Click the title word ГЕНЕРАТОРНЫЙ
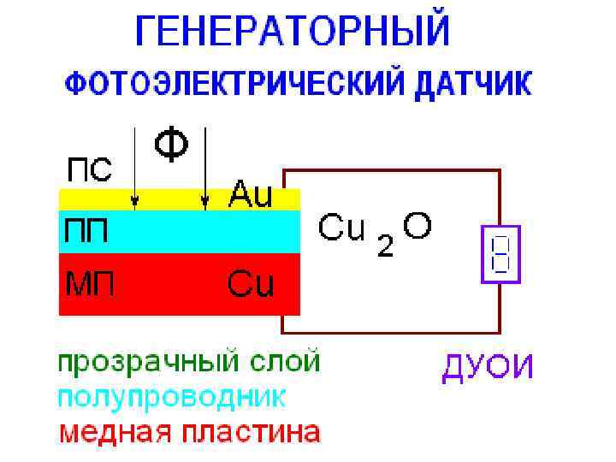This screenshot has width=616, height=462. pyautogui.click(x=292, y=33)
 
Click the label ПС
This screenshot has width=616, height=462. pyautogui.click(x=88, y=169)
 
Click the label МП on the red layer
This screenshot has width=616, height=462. pyautogui.click(x=86, y=281)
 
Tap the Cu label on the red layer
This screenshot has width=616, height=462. pyautogui.click(x=251, y=283)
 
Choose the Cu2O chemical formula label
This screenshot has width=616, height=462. pyautogui.click(x=375, y=230)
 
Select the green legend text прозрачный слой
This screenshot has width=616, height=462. pyautogui.click(x=189, y=361)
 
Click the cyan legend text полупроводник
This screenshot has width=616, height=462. pyautogui.click(x=172, y=396)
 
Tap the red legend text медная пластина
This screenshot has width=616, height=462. pyautogui.click(x=189, y=431)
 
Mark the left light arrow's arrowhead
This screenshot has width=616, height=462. pyautogui.click(x=134, y=203)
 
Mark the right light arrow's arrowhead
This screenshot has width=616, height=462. pyautogui.click(x=204, y=203)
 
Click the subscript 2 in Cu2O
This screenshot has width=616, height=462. pyautogui.click(x=385, y=247)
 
